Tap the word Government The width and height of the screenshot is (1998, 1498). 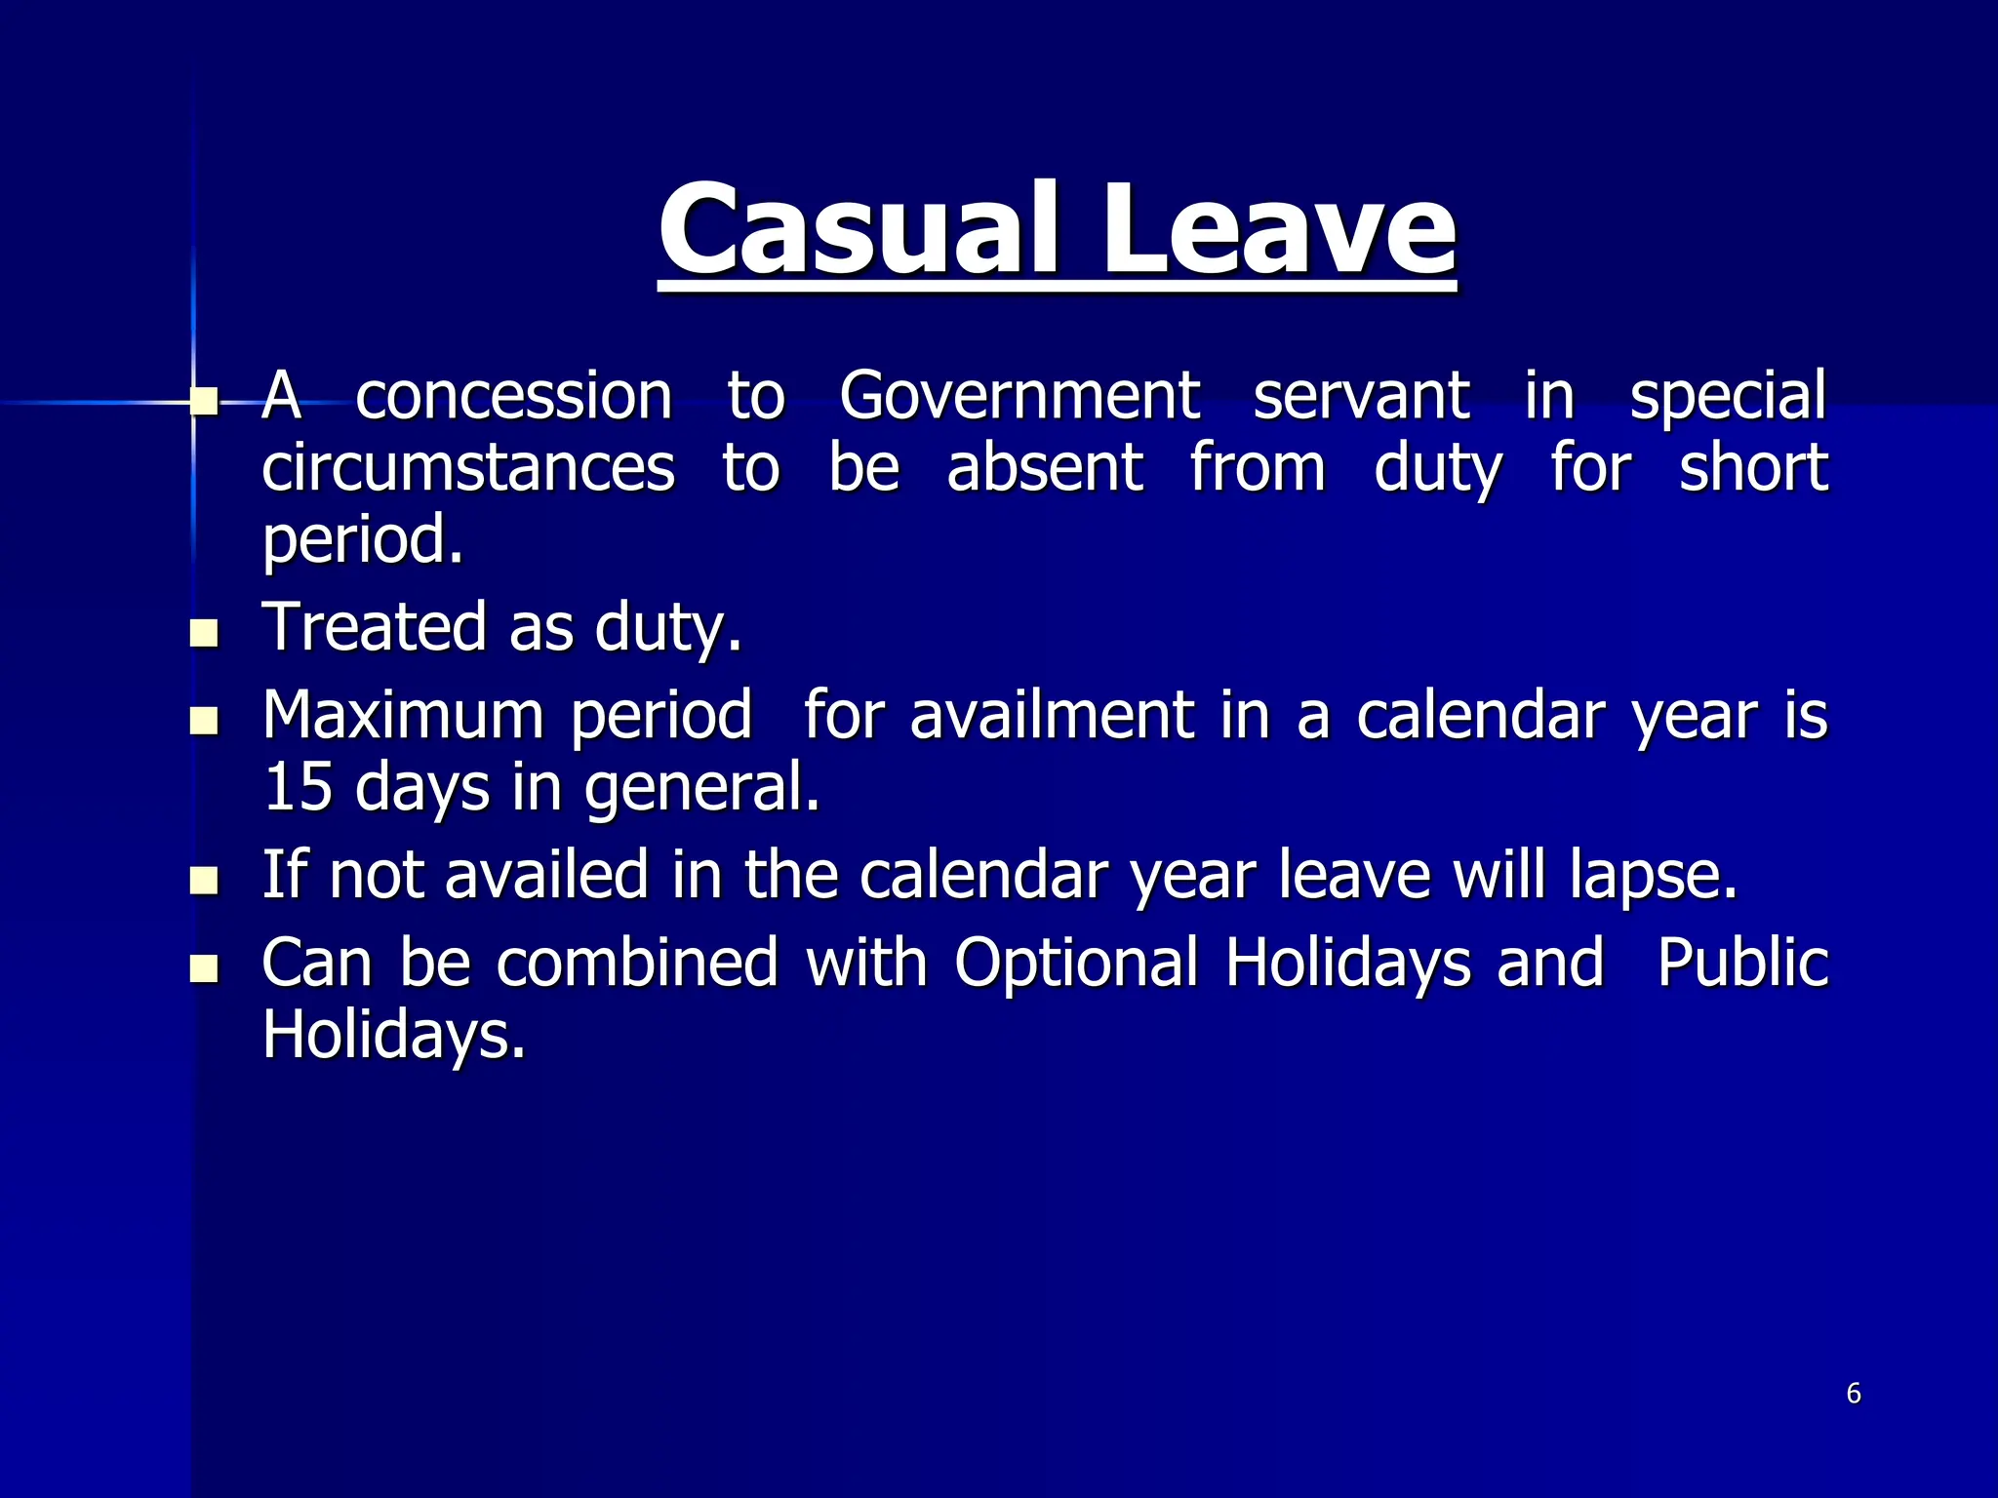(x=1019, y=396)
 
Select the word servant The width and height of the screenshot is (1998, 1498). (x=1361, y=396)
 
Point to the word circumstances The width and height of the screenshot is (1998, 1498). (x=468, y=468)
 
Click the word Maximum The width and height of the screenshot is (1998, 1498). (x=402, y=716)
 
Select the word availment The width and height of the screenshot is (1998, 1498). (x=1052, y=716)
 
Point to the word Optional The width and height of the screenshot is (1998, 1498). (x=1076, y=964)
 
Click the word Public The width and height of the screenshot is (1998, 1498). (x=1742, y=964)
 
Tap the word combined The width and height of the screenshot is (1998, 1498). (x=637, y=964)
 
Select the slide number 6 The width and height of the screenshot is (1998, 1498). (x=1854, y=1394)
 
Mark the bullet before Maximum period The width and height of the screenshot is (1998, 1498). (x=205, y=722)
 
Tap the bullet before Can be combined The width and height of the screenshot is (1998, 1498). (x=205, y=969)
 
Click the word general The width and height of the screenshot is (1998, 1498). (x=701, y=789)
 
